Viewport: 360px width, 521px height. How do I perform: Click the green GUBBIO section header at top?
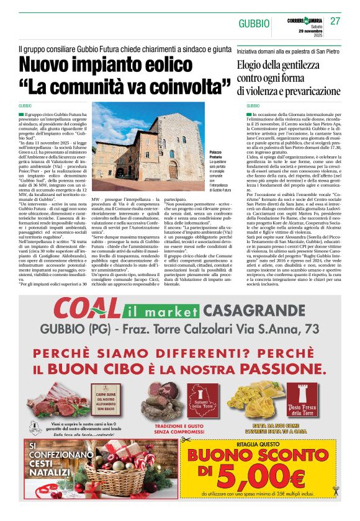[254, 23]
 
